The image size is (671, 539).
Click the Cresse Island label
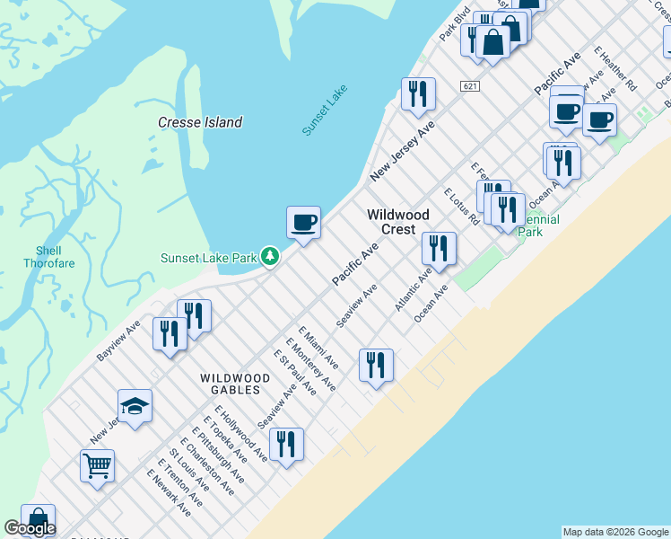200,122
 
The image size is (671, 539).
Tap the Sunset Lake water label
324,110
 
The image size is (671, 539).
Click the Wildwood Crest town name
398,222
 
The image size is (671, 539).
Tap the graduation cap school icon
135,406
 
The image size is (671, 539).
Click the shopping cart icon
97,465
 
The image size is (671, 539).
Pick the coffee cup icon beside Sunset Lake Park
303,222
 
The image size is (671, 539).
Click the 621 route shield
469,86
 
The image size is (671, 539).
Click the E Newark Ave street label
174,489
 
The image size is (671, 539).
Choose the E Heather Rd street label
615,68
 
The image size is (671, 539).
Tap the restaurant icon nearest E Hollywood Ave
286,444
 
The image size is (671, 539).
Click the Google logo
30,529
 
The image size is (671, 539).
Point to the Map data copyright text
615,532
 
